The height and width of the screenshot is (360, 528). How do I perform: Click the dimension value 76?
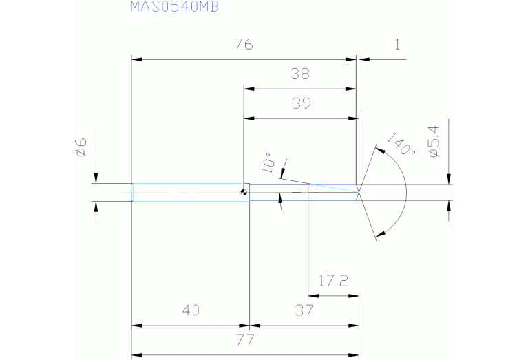[x=243, y=45]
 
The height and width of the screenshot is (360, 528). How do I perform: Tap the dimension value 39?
[x=302, y=103]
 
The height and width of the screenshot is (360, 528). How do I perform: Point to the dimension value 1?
[x=397, y=45]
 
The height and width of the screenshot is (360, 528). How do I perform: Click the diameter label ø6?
[x=80, y=147]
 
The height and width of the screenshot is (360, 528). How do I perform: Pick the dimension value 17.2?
[x=333, y=281]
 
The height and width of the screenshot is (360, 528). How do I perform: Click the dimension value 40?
[x=191, y=310]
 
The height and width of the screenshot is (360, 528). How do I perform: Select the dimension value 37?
[x=304, y=310]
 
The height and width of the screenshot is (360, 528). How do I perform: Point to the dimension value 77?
[x=245, y=339]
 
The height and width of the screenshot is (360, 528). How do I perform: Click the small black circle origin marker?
[x=244, y=193]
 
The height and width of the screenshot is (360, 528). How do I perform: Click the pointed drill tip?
[x=359, y=192]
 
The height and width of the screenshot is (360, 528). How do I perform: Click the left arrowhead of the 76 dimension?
[x=136, y=60]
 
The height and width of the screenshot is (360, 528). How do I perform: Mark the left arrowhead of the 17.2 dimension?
[x=311, y=296]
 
